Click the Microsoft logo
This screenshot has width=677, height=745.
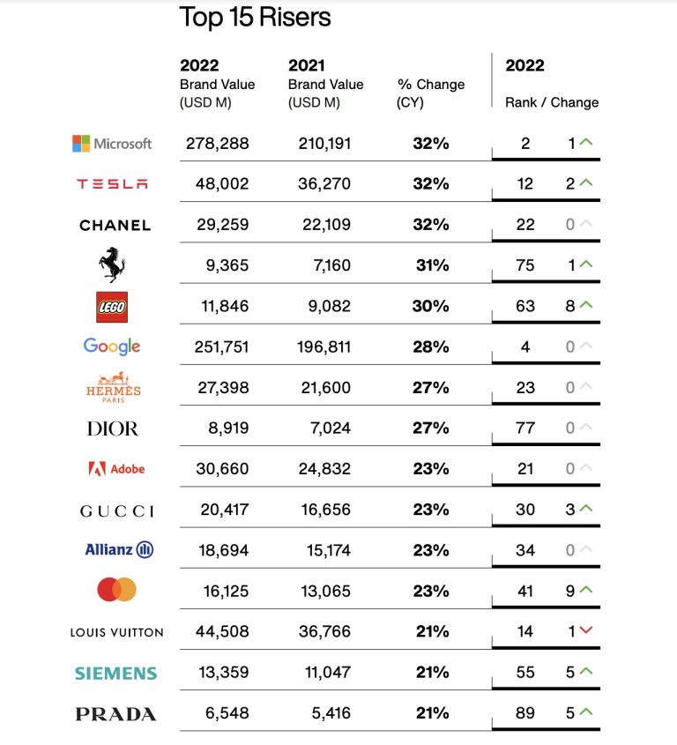click(112, 144)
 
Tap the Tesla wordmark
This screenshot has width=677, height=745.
click(112, 184)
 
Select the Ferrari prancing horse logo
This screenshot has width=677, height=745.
click(112, 264)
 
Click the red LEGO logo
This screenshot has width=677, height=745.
click(112, 307)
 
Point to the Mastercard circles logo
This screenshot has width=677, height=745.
click(117, 590)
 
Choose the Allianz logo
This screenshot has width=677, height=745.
click(119, 550)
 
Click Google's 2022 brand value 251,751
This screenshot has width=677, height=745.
click(221, 346)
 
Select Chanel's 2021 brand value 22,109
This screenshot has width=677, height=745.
click(326, 224)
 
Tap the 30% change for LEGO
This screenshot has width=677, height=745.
click(430, 306)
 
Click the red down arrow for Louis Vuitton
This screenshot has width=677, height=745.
click(586, 630)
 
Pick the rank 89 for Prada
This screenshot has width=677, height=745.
click(525, 712)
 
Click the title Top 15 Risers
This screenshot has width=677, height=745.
click(255, 18)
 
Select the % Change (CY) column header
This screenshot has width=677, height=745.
click(430, 93)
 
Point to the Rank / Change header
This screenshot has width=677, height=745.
click(552, 102)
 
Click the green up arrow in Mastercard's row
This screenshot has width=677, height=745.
click(586, 590)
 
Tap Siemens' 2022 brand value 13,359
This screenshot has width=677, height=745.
click(223, 673)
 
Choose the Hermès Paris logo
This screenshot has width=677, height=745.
click(113, 387)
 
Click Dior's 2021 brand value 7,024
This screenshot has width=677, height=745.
click(331, 428)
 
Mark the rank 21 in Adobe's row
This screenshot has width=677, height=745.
click(525, 469)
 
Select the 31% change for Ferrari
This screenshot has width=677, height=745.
click(432, 265)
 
